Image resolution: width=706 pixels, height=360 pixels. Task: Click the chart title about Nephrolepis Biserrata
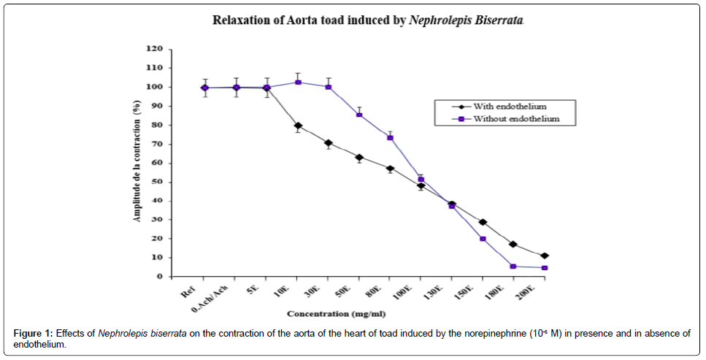pos(368,20)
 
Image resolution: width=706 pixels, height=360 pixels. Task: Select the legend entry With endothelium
pos(510,107)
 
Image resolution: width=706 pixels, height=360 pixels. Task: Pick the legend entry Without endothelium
pos(515,118)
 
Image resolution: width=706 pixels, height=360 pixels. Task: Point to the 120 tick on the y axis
pos(153,49)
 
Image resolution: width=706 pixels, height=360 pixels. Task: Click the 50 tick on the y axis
pos(156,182)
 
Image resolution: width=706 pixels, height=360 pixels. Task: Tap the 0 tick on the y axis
pos(158,277)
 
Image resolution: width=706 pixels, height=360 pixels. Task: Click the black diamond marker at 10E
pos(298,126)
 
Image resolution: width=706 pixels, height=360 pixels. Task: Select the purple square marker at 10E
pos(298,82)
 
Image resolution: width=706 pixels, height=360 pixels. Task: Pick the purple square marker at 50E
pos(359,115)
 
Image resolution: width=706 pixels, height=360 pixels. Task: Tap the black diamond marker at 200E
pos(545,256)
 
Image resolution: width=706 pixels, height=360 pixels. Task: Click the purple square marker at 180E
pos(514,267)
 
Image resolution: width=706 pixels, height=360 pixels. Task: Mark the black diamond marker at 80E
pos(391,169)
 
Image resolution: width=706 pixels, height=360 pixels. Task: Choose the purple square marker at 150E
pos(483,239)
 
